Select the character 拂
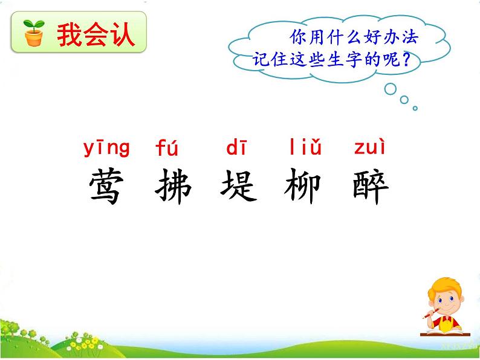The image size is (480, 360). pos(174,185)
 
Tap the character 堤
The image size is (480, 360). pos(239,185)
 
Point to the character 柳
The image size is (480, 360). pos(303,185)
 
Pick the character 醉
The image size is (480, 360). pos(369,185)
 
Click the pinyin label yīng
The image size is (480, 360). pos(106,147)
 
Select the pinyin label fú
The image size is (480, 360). pos(167,147)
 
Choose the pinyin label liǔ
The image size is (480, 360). pos(305,147)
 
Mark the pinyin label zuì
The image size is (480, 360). pos(369,147)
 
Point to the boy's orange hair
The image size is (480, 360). pos(444,289)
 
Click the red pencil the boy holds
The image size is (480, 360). pos(431,315)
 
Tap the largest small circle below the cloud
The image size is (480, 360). pos(390,88)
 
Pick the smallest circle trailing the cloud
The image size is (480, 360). pos(415,108)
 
